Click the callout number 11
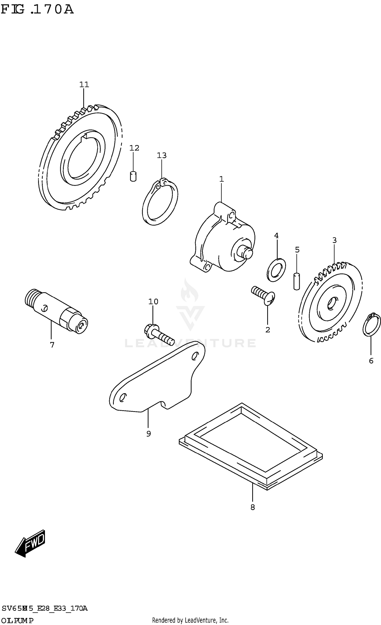tap(84, 84)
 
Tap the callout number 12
tap(134, 148)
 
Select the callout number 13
tap(162, 155)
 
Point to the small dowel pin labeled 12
tap(133, 176)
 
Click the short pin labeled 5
tap(297, 281)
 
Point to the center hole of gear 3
tap(331, 304)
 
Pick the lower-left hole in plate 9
tap(122, 397)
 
